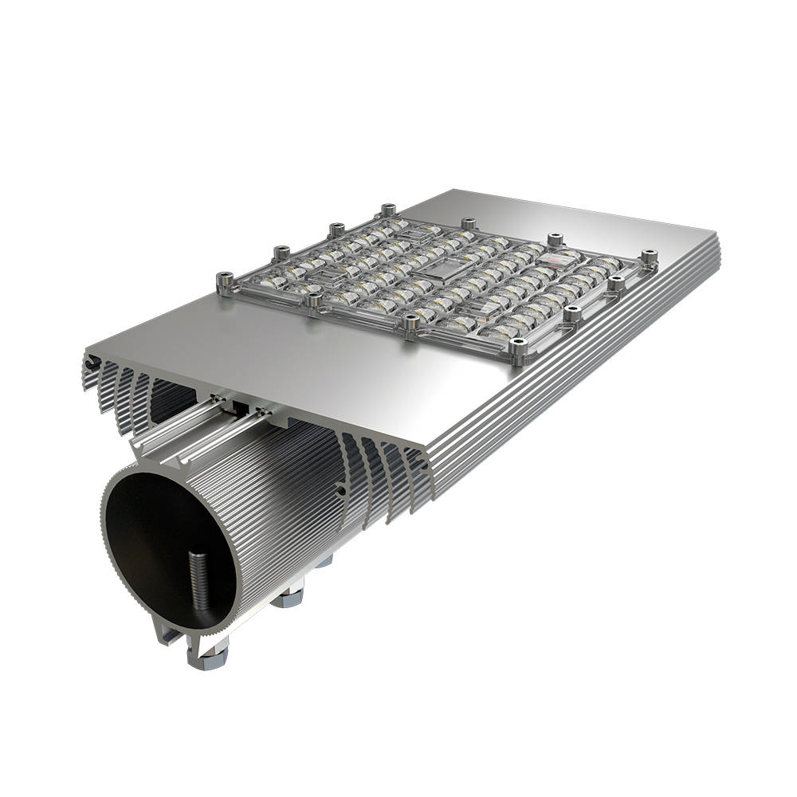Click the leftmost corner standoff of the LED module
(224, 281)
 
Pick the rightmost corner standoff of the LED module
(650, 257)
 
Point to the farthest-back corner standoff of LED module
(388, 210)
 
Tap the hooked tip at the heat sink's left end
(88, 363)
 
